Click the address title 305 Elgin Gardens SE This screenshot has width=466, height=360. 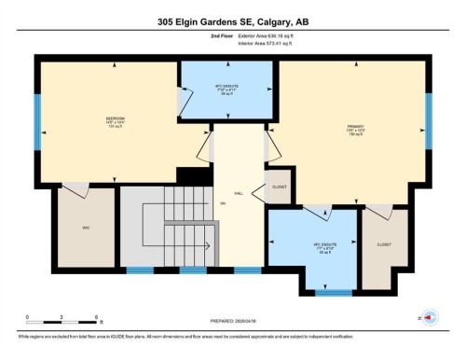point(232,21)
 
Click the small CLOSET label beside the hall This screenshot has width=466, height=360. point(280,187)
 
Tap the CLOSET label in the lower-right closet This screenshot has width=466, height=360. point(384,243)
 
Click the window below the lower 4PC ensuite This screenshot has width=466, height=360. point(328,293)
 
